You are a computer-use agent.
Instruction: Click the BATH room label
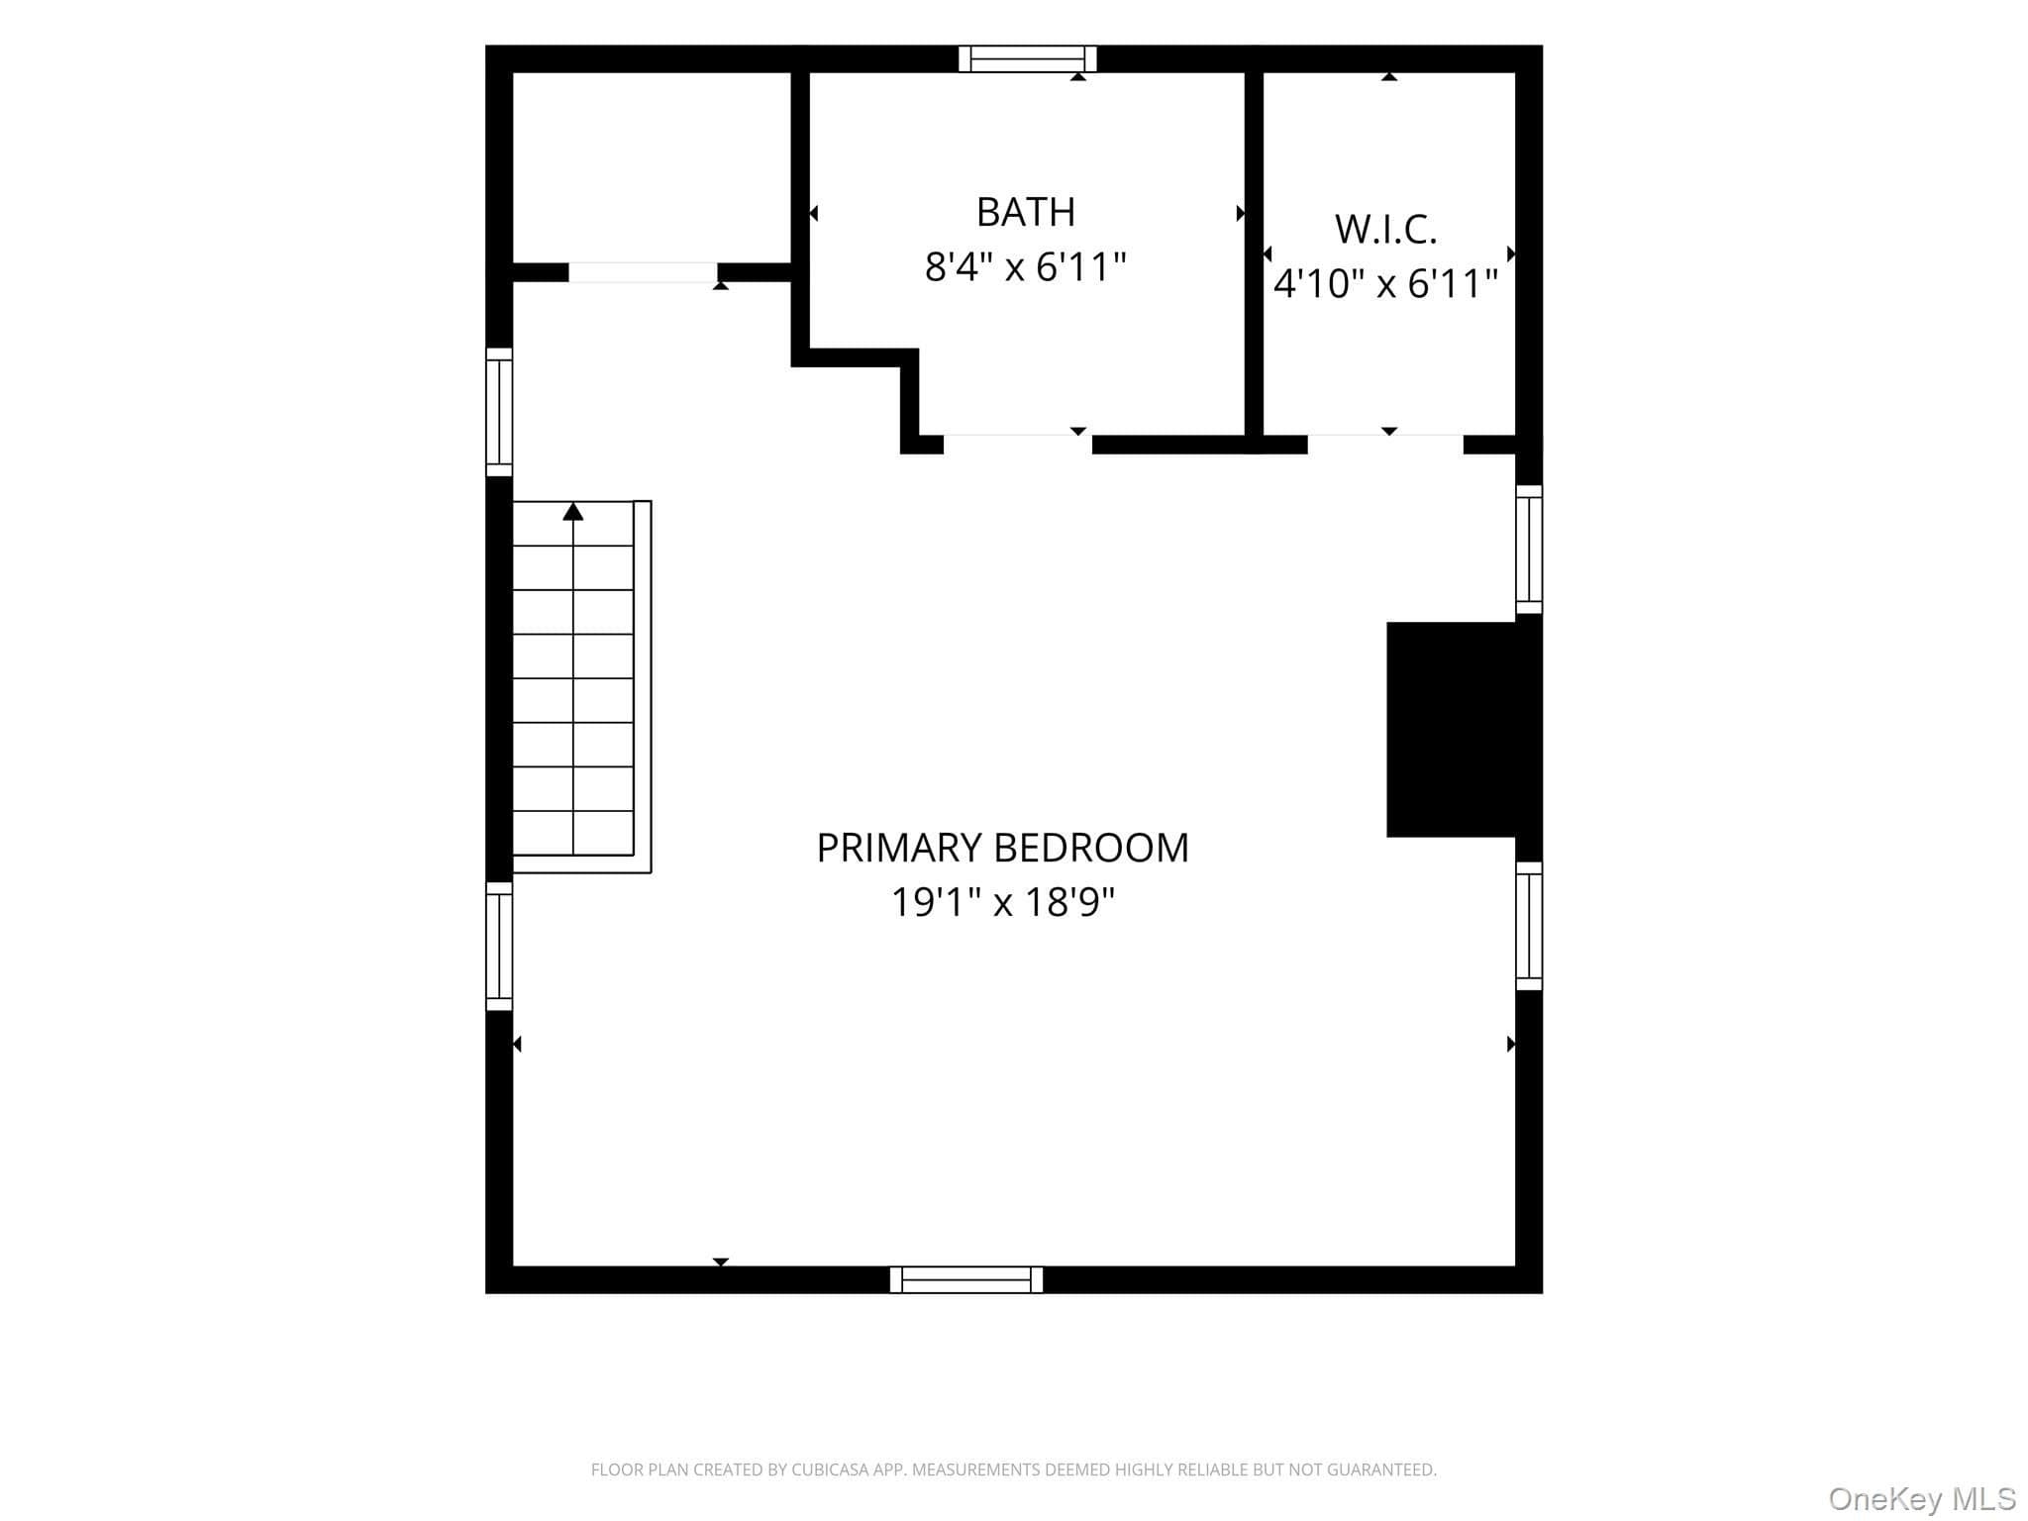1025,212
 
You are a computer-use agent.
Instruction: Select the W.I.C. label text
1385,230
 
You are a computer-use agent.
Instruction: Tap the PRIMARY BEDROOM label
1002,848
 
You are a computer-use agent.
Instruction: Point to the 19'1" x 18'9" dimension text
1002,902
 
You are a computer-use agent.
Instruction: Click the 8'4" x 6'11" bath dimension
1025,267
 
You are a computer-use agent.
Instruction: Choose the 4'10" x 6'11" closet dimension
1385,284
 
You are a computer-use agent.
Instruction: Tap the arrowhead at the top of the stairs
573,511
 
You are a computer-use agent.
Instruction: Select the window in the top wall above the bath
1028,59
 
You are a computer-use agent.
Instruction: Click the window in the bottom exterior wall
966,1279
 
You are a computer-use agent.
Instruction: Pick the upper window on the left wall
499,412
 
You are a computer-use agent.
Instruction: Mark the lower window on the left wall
499,947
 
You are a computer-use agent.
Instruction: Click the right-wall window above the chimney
1529,550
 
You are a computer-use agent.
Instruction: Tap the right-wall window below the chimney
1529,926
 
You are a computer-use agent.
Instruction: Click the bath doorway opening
1018,445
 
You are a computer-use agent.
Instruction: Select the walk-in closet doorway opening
1385,445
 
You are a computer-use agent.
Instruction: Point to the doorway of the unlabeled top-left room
643,272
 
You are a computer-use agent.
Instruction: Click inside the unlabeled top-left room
652,167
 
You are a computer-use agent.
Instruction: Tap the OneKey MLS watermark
1922,1499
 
